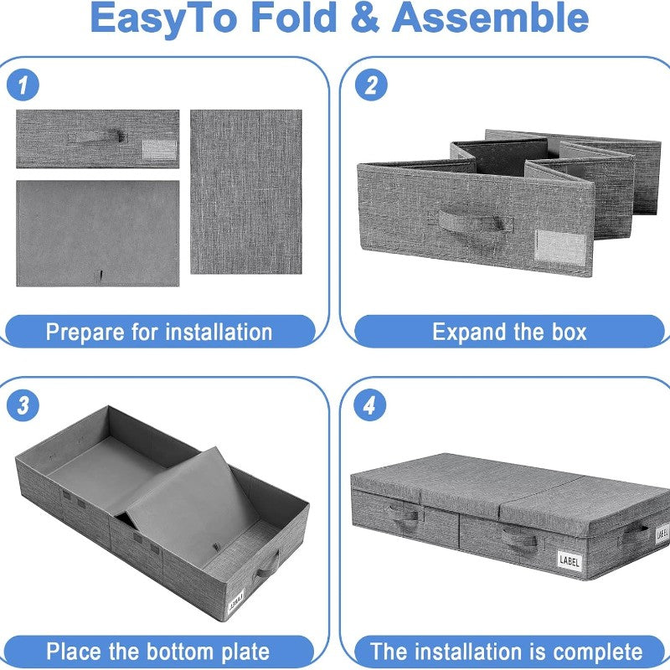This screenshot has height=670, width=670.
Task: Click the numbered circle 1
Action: click(x=23, y=85)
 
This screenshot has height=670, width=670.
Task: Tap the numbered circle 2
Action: click(x=371, y=85)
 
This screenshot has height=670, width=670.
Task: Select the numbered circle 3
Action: click(x=23, y=405)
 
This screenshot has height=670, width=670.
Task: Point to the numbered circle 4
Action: click(x=369, y=405)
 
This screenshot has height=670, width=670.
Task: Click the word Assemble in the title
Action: click(x=490, y=18)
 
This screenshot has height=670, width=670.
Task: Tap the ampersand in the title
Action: click(x=364, y=18)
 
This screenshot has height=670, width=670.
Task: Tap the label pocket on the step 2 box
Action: click(x=560, y=246)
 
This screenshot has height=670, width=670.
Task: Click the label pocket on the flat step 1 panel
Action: click(x=159, y=150)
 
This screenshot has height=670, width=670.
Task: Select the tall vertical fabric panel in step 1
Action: click(x=246, y=192)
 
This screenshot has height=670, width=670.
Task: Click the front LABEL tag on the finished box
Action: click(x=569, y=560)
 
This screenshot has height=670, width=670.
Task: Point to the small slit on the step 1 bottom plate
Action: click(x=100, y=276)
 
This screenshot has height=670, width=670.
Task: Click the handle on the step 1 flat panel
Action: click(x=96, y=137)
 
